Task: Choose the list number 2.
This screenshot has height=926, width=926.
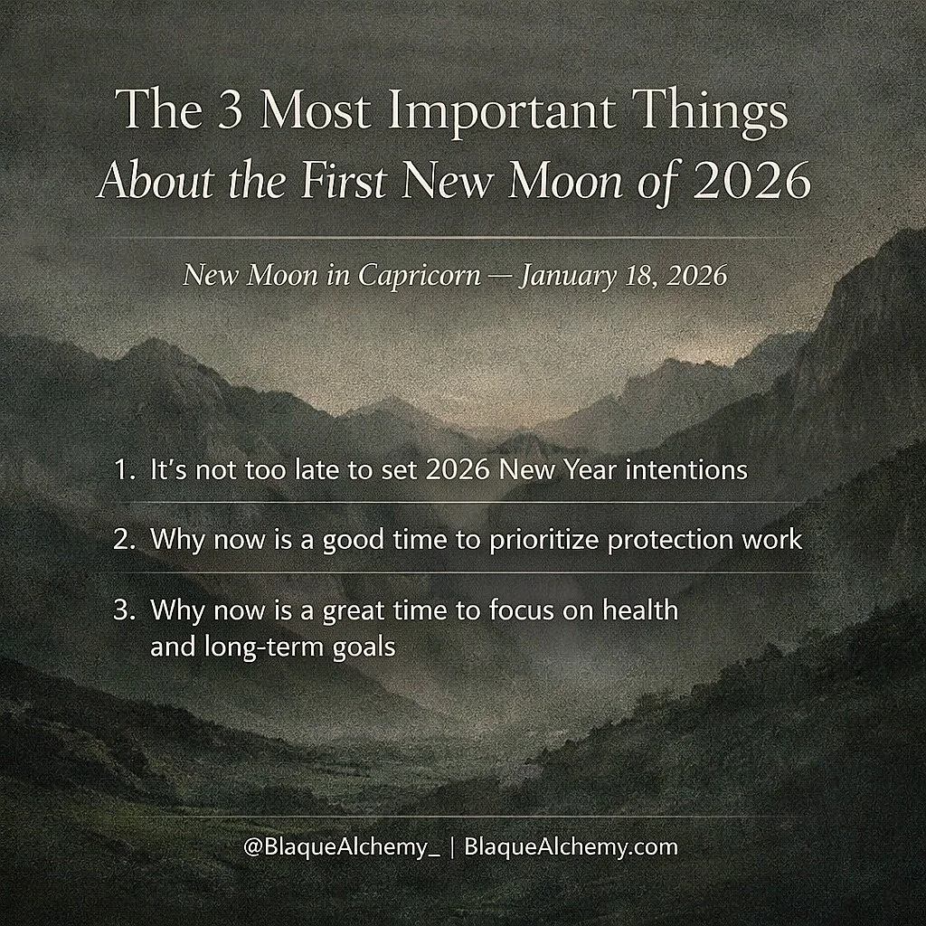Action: pyautogui.click(x=123, y=540)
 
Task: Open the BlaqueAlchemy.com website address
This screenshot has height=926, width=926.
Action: pyautogui.click(x=570, y=847)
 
